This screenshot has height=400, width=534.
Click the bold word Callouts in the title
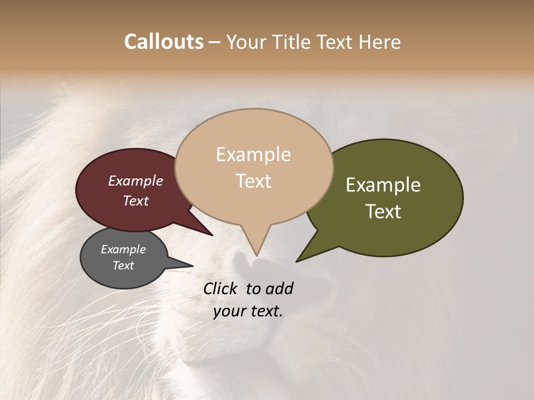[164, 42]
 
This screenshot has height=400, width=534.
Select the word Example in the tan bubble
[253, 154]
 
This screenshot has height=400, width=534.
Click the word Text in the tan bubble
[253, 181]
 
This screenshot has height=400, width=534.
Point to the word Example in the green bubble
[383, 185]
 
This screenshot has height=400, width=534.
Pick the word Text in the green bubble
[383, 211]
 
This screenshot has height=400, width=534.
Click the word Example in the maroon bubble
[135, 181]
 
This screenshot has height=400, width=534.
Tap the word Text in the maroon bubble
[135, 201]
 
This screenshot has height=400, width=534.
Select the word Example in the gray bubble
[123, 249]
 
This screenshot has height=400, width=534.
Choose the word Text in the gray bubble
[123, 266]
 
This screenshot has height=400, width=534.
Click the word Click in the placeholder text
[222, 288]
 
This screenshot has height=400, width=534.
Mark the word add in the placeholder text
[280, 288]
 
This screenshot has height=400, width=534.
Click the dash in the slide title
[214, 42]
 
